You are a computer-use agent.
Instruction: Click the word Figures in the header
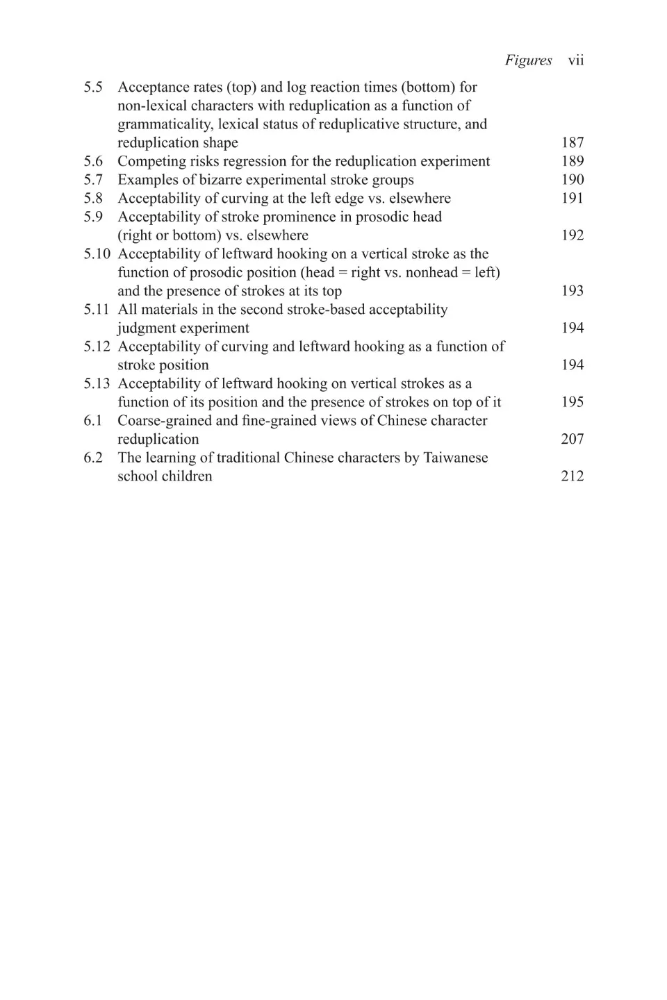pyautogui.click(x=528, y=60)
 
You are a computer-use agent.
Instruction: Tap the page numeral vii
pyautogui.click(x=576, y=60)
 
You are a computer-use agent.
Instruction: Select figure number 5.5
pyautogui.click(x=93, y=87)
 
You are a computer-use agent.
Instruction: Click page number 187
pyautogui.click(x=573, y=142)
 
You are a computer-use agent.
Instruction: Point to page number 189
pyautogui.click(x=573, y=161)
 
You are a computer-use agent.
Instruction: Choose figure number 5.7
pyautogui.click(x=93, y=180)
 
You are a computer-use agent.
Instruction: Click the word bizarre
pyautogui.click(x=215, y=180)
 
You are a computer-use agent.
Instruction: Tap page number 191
pyautogui.click(x=573, y=198)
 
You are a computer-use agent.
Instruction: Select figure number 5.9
pyautogui.click(x=93, y=217)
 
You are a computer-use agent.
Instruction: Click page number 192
pyautogui.click(x=573, y=235)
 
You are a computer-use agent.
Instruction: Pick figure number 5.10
pyautogui.click(x=97, y=253)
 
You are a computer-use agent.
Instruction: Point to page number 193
pyautogui.click(x=573, y=291)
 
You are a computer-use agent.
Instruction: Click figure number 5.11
pyautogui.click(x=97, y=309)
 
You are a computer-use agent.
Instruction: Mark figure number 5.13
pyautogui.click(x=97, y=383)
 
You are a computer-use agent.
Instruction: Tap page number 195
pyautogui.click(x=573, y=402)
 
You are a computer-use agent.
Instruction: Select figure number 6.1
pyautogui.click(x=93, y=420)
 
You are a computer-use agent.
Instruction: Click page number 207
pyautogui.click(x=573, y=439)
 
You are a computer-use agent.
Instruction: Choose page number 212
pyautogui.click(x=573, y=476)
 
